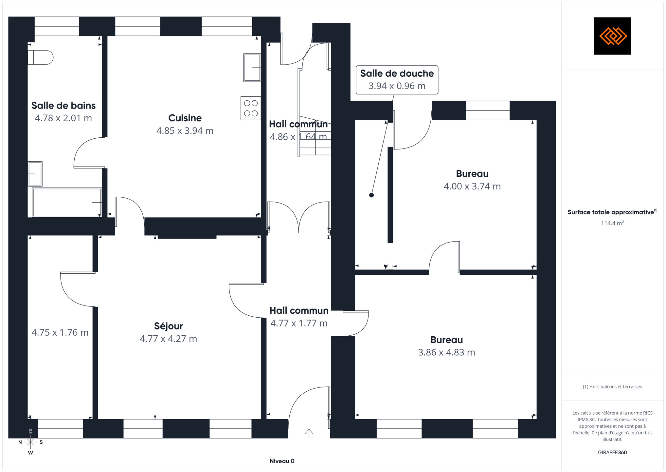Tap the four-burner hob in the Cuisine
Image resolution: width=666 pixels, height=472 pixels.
(251, 108)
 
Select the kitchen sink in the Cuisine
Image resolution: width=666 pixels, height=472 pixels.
(252, 68)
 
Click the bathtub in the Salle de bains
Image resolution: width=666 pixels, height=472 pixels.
(67, 202)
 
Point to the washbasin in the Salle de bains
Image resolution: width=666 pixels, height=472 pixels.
(35, 174)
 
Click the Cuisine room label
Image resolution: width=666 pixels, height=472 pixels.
(185, 118)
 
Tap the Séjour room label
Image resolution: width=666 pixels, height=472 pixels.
(169, 326)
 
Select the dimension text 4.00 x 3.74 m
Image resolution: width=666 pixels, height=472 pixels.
(472, 186)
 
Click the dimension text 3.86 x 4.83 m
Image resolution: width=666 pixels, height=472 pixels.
(447, 352)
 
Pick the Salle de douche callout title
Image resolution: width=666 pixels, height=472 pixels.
(397, 73)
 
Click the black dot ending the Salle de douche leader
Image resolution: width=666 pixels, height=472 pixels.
(371, 195)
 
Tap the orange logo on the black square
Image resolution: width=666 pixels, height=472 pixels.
(613, 36)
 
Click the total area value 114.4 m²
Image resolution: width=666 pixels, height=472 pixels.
(612, 223)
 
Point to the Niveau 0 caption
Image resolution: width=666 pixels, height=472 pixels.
(282, 461)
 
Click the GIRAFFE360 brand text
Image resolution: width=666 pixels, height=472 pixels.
(612, 453)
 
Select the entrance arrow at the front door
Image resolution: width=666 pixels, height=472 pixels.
(309, 433)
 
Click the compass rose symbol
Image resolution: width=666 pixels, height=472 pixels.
(30, 442)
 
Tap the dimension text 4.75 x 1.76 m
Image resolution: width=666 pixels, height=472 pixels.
(60, 333)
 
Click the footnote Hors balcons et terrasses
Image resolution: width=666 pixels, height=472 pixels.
(612, 387)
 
